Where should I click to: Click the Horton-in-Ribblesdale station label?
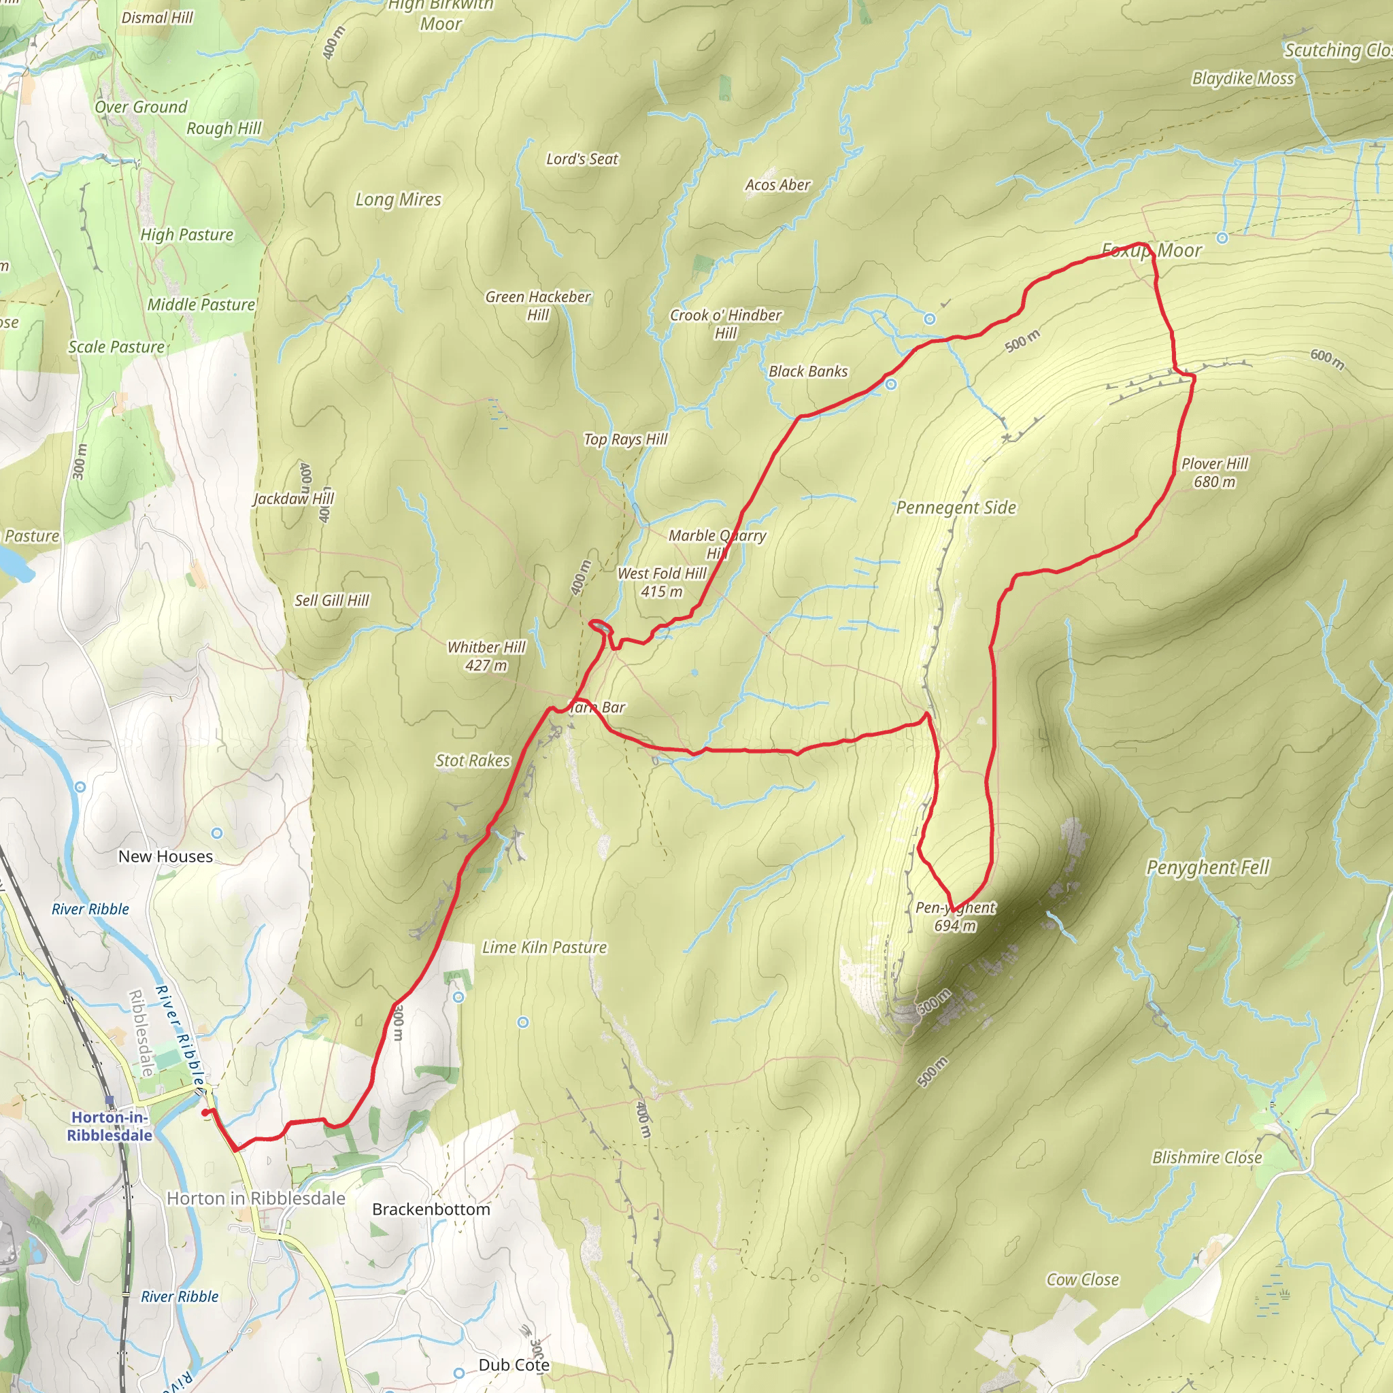[x=110, y=1126]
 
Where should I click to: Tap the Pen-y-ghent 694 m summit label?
[x=956, y=916]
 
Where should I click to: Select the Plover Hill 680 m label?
[x=1214, y=473]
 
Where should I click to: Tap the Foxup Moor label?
[x=1152, y=251]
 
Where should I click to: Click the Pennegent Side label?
[x=956, y=507]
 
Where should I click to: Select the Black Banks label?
[x=808, y=371]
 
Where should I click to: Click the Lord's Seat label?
[x=582, y=159]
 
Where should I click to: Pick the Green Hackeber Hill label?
[x=538, y=305]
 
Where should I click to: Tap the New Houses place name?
[x=166, y=856]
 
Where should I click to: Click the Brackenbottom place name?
[x=431, y=1209]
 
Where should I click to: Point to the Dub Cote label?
[x=514, y=1365]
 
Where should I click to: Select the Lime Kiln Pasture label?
[x=544, y=947]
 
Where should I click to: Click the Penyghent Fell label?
[x=1208, y=867]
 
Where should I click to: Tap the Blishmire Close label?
[x=1207, y=1157]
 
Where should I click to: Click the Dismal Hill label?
[x=157, y=18]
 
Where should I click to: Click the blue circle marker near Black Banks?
[x=891, y=384]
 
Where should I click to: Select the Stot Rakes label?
[x=472, y=760]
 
